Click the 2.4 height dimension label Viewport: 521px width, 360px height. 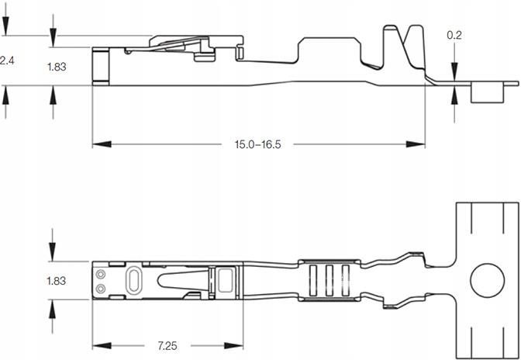pyautogui.click(x=5, y=60)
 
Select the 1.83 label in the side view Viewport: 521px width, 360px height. pyautogui.click(x=56, y=67)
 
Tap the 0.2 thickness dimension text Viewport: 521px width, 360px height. pyautogui.click(x=455, y=36)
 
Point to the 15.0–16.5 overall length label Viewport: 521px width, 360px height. pyautogui.click(x=257, y=144)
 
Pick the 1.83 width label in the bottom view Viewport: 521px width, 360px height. pyautogui.click(x=56, y=282)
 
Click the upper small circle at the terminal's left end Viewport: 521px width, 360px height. pyautogui.click(x=100, y=274)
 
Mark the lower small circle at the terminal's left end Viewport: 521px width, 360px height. pyautogui.click(x=100, y=288)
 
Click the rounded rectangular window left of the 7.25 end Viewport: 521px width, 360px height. pyautogui.click(x=226, y=279)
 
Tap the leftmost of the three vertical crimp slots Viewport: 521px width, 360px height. pyautogui.click(x=314, y=280)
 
